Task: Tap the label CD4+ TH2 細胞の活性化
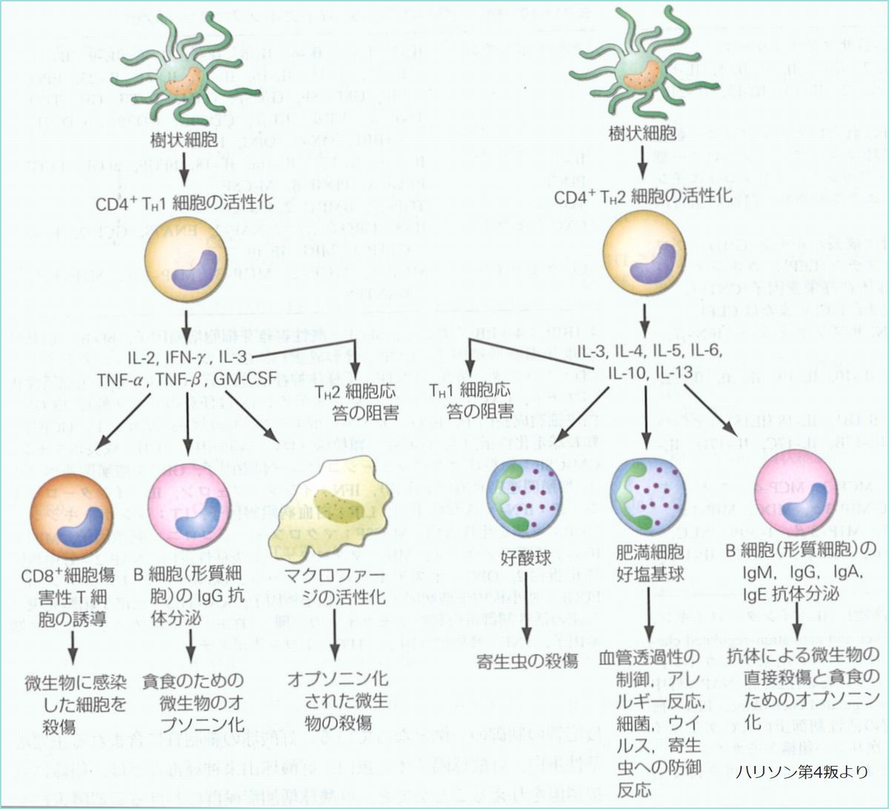click(x=643, y=196)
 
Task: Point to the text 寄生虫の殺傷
click(x=527, y=661)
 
